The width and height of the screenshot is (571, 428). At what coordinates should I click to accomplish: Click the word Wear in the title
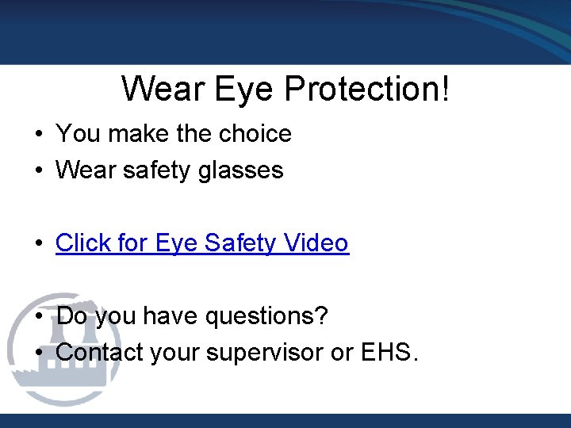coord(163,89)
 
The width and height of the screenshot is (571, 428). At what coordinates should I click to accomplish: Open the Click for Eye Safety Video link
coord(202,243)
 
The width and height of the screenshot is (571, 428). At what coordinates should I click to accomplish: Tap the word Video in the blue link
coord(316,243)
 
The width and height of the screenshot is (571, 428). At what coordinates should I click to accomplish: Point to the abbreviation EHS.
coord(386,352)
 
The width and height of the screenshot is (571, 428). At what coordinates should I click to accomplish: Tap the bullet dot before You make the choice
coord(38,135)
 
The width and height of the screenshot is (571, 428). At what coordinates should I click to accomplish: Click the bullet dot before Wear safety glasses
coord(38,170)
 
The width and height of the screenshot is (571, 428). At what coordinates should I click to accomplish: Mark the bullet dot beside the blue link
coord(38,243)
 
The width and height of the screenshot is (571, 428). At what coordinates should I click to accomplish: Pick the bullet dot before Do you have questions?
coord(38,317)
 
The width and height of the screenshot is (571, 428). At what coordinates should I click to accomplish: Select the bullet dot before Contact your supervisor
coord(38,353)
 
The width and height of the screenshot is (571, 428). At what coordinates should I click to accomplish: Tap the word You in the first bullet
coord(78,134)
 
